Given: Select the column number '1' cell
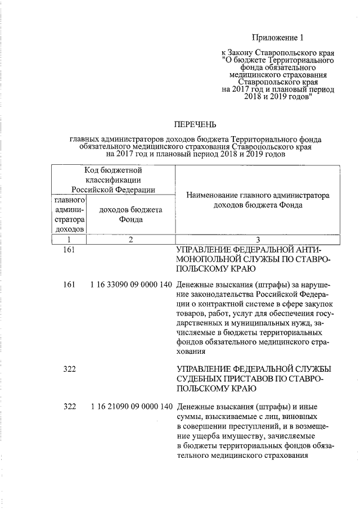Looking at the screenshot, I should [69, 240].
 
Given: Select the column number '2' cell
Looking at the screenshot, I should [130, 240].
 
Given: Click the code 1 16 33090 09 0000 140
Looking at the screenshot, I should [130, 285].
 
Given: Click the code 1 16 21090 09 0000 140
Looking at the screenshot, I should [130, 406].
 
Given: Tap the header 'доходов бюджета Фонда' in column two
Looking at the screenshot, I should [130, 215].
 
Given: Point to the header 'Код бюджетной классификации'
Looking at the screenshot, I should [113, 179].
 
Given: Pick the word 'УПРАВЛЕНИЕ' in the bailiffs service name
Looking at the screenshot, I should [204, 368].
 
